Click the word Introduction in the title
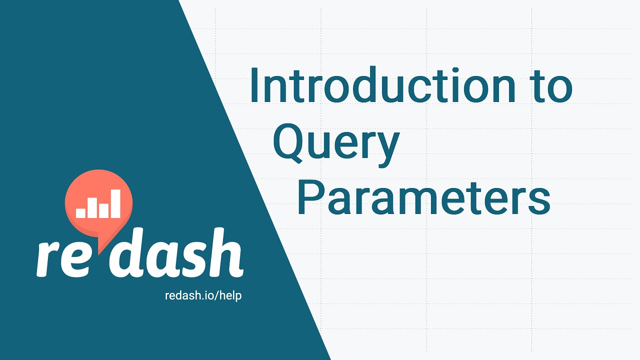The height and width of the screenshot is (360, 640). pos(383,84)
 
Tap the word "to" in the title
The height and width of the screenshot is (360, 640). pos(551,85)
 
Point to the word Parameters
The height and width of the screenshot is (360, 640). pos(424,197)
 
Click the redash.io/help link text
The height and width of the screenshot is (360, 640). pos(203,296)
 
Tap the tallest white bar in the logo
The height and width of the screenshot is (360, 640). pos(115,203)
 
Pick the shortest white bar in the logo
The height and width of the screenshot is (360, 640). pos(80,213)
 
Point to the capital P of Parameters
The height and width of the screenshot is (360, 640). pos(310,197)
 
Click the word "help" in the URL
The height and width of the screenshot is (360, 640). pos(230,296)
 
